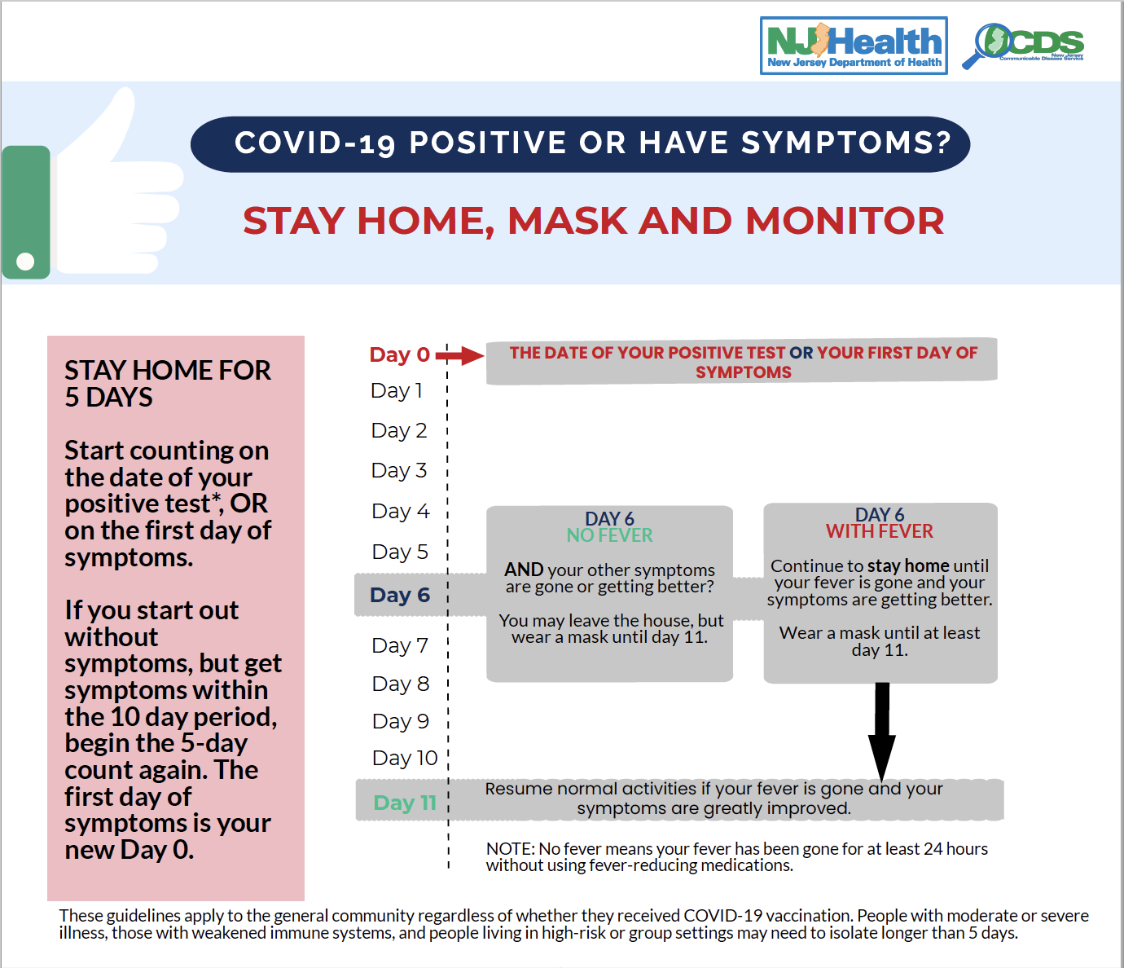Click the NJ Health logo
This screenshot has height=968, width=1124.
(854, 46)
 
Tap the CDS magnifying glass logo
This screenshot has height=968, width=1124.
(1023, 46)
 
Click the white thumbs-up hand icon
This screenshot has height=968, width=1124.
(122, 187)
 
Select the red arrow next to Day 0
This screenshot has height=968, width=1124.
(460, 355)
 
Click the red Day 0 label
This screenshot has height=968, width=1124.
(399, 354)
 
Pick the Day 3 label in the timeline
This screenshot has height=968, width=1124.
(398, 470)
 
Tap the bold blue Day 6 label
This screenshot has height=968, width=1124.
(399, 595)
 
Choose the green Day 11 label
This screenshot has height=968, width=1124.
(404, 803)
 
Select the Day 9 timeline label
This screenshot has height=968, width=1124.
(400, 721)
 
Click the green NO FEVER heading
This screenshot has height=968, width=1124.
(609, 535)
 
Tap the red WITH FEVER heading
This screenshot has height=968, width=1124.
(879, 531)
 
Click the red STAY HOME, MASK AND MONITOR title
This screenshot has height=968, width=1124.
(593, 221)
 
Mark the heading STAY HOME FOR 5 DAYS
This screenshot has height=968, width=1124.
(167, 383)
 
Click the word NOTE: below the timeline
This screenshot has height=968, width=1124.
(510, 849)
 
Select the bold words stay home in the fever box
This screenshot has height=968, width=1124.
(908, 565)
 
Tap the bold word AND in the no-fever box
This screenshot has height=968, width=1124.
(524, 570)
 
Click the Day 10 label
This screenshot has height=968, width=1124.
(404, 758)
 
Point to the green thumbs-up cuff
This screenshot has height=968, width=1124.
(26, 212)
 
